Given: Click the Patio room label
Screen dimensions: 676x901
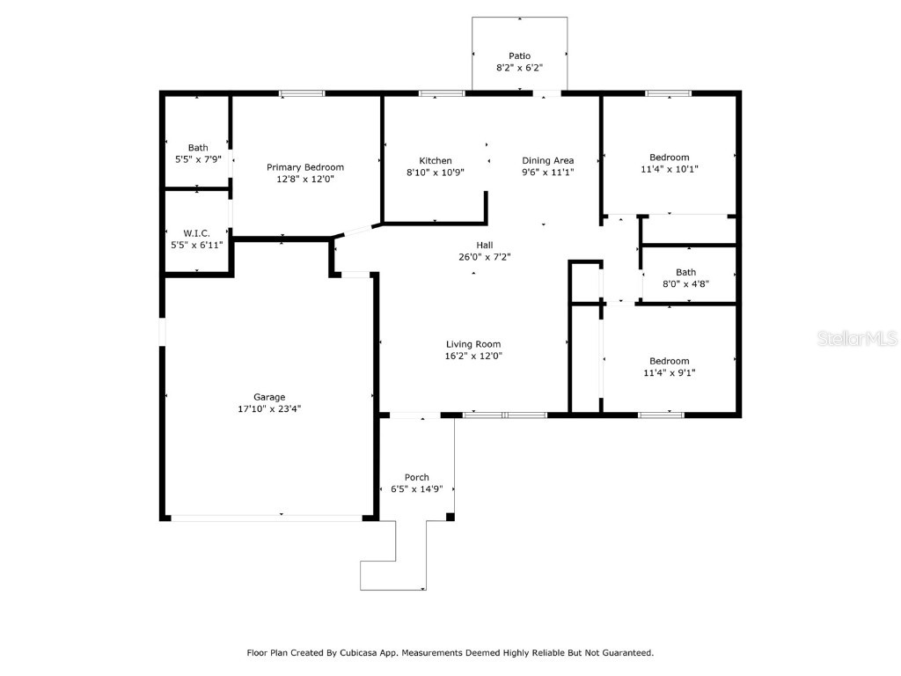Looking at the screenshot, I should click(x=519, y=56).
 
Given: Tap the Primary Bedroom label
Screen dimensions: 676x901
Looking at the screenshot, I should click(x=305, y=167).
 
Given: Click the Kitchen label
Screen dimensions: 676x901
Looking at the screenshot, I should click(x=435, y=160).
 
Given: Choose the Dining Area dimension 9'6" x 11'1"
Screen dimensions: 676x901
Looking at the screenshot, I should click(x=547, y=172).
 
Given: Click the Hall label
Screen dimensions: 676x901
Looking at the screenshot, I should click(x=485, y=245).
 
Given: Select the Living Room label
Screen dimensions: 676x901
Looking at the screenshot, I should click(x=473, y=344).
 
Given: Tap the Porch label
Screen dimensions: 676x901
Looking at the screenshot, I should click(x=416, y=477).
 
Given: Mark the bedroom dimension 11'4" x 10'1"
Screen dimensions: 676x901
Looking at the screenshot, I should click(x=669, y=169).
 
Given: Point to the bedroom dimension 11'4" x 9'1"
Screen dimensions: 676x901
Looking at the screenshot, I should click(x=669, y=372).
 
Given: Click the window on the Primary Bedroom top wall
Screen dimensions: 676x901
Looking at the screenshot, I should click(x=302, y=93).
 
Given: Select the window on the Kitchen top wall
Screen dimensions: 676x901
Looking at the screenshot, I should click(x=442, y=93).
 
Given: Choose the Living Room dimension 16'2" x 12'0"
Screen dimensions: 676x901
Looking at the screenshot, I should click(x=473, y=356).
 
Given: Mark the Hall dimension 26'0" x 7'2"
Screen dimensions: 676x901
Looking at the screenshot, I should click(x=485, y=257).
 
